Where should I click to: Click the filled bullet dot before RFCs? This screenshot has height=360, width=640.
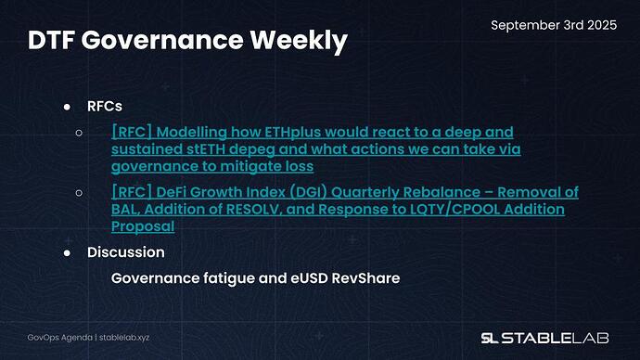coord(68,107)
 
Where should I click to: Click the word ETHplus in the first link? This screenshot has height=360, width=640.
coord(290,133)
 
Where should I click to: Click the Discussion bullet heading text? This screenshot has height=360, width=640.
coord(126,251)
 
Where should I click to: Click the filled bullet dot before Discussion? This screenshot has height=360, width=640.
coord(68,251)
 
